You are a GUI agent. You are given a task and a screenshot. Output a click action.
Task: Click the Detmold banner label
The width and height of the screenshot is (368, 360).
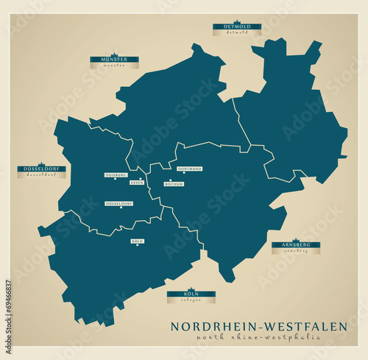236,27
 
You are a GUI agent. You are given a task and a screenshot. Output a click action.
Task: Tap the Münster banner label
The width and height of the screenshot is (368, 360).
114,59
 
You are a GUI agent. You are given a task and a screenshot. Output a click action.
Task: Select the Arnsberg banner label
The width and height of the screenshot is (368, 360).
295,244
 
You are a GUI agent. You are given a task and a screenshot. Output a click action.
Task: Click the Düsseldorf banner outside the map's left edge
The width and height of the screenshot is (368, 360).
41,169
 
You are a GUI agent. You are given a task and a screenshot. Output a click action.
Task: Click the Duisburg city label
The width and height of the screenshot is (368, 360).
116,175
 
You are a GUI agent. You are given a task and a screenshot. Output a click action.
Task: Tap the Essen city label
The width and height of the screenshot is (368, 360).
137,183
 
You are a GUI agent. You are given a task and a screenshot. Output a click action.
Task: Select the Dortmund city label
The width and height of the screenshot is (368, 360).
190,169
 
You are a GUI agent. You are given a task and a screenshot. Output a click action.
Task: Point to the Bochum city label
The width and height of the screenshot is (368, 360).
174,184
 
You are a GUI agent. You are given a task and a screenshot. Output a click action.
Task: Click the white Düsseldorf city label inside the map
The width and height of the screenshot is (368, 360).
119,203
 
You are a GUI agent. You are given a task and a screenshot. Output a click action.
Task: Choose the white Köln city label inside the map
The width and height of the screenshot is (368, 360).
138,241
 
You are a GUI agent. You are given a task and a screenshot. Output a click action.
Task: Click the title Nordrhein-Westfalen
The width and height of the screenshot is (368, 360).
259,326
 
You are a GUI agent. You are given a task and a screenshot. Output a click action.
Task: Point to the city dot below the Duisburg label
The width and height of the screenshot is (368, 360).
115,179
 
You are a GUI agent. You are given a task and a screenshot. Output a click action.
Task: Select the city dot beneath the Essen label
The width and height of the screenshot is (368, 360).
141,179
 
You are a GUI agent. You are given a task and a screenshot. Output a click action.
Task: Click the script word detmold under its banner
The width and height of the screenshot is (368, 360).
236,33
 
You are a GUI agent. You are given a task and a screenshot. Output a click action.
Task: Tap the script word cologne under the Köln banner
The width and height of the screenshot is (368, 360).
191,300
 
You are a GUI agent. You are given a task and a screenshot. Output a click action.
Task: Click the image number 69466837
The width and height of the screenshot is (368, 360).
8,304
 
